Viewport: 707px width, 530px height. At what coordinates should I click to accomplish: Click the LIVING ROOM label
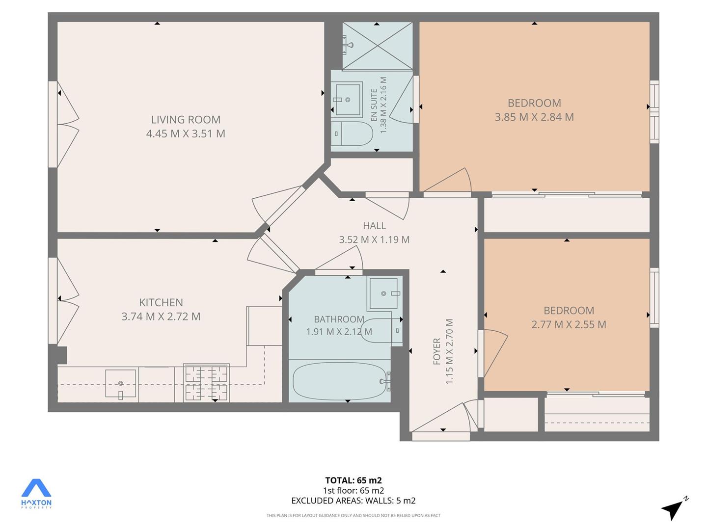pyautogui.click(x=186, y=120)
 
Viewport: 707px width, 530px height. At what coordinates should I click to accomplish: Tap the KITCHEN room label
pyautogui.click(x=161, y=302)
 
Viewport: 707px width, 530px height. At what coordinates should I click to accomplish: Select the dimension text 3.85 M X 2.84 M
pyautogui.click(x=534, y=117)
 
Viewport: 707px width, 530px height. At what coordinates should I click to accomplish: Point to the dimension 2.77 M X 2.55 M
pyautogui.click(x=569, y=324)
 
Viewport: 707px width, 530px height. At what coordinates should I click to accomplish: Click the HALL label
pyautogui.click(x=374, y=226)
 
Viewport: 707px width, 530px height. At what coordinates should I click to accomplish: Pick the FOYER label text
pyautogui.click(x=436, y=351)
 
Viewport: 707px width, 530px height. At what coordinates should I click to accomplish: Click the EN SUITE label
pyautogui.click(x=374, y=105)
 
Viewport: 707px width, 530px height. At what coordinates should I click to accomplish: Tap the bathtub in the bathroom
pyautogui.click(x=339, y=381)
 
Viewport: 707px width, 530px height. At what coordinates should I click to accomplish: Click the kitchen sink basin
pyautogui.click(x=120, y=383)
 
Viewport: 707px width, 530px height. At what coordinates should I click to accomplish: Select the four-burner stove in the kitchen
pyautogui.click(x=206, y=383)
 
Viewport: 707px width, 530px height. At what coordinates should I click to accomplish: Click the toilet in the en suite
pyautogui.click(x=352, y=133)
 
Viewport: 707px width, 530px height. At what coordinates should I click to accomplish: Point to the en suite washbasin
pyautogui.click(x=348, y=100)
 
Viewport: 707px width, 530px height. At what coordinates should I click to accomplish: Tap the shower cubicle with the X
pyautogui.click(x=377, y=46)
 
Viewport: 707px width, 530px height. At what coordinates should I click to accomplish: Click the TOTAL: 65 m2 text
pyautogui.click(x=353, y=480)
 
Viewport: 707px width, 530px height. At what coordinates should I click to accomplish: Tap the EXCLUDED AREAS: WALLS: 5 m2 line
pyautogui.click(x=353, y=501)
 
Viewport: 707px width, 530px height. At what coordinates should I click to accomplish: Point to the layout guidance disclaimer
pyautogui.click(x=353, y=515)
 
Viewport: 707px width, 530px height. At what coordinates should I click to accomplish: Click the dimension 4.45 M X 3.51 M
pyautogui.click(x=186, y=133)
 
